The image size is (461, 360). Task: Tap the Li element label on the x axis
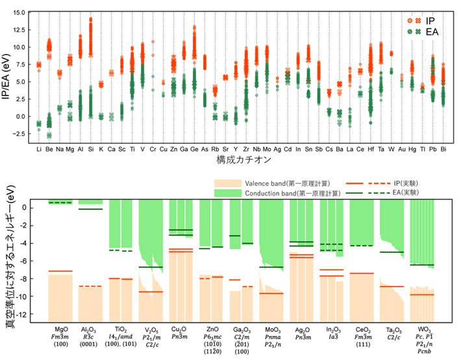pos(38,149)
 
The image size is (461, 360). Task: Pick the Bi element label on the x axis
pos(443,149)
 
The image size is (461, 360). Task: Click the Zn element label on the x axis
pos(173,149)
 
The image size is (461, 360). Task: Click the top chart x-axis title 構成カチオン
pos(240,159)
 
